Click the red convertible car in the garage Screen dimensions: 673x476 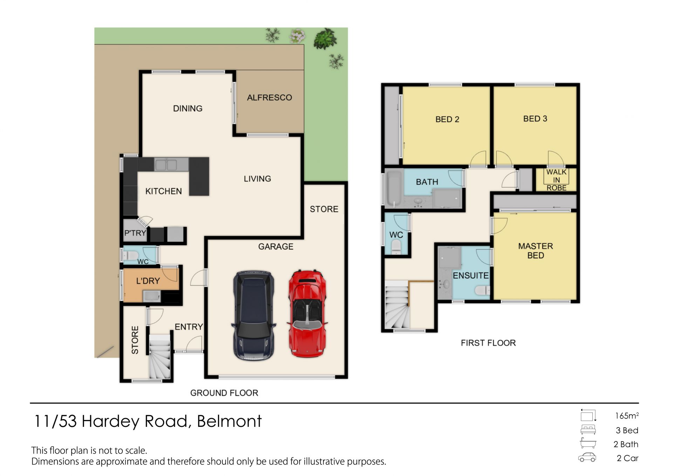click(307, 313)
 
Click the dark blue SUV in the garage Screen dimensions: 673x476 click(253, 315)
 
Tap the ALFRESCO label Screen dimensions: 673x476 click(269, 98)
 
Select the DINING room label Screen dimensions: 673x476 click(188, 108)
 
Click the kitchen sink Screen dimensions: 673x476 click(166, 164)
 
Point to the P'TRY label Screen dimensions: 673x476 click(135, 233)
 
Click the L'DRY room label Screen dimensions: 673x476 click(148, 281)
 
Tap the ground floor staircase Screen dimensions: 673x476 click(160, 356)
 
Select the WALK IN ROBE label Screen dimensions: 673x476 click(556, 180)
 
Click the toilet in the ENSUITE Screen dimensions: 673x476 click(482, 290)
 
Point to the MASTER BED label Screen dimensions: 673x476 click(535, 251)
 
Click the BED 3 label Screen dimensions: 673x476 click(535, 119)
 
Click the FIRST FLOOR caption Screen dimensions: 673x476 click(488, 343)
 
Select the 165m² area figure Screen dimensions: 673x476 click(627, 416)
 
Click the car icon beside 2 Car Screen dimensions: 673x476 click(587, 457)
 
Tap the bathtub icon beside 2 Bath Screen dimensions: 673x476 click(588, 443)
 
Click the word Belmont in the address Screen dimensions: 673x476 click(229, 421)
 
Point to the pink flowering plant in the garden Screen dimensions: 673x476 click(298, 36)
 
